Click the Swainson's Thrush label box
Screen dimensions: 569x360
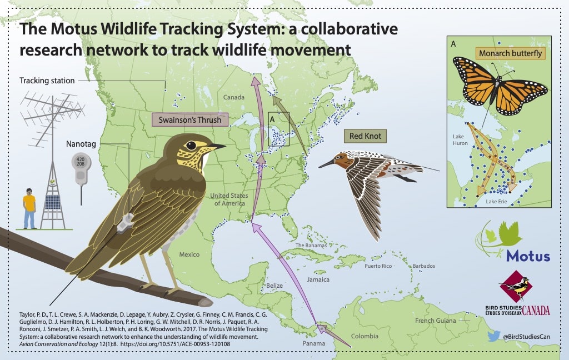pyautogui.click(x=190, y=120)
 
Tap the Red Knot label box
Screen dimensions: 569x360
pyautogui.click(x=365, y=136)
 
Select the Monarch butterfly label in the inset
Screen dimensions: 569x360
pyautogui.click(x=510, y=53)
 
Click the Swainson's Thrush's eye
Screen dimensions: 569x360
pyautogui.click(x=191, y=146)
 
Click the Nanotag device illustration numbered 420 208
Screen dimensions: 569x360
pyautogui.click(x=80, y=168)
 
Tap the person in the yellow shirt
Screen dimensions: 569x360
pyautogui.click(x=29, y=208)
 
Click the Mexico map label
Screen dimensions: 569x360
pyautogui.click(x=189, y=254)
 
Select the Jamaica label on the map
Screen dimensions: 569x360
pyautogui.click(x=318, y=279)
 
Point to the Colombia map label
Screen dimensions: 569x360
pyautogui.click(x=365, y=336)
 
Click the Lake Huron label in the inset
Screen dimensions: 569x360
pyautogui.click(x=460, y=139)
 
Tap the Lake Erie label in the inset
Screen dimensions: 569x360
pyautogui.click(x=496, y=202)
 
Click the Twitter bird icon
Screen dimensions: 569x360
pyautogui.click(x=493, y=336)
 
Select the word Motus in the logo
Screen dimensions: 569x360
pyautogui.click(x=528, y=256)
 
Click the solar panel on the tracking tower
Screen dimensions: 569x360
pyautogui.click(x=53, y=202)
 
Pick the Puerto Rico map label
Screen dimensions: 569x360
pyautogui.click(x=378, y=266)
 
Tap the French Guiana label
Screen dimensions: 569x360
pyautogui.click(x=436, y=321)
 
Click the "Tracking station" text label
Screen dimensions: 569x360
pyautogui.click(x=47, y=81)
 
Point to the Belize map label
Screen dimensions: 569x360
pyautogui.click(x=274, y=286)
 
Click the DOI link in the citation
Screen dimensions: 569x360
pyautogui.click(x=175, y=344)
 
